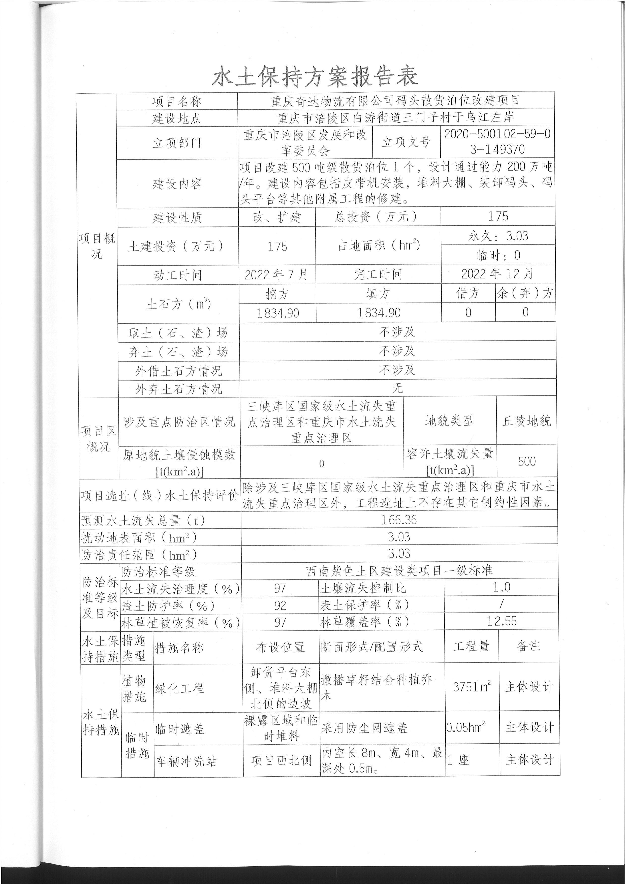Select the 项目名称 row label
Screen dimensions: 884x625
tap(177, 101)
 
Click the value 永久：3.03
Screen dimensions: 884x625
tap(498, 236)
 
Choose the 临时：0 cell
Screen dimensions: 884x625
tap(498, 255)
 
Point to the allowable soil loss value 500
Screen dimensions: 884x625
tap(526, 461)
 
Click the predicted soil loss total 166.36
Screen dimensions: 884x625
tap(399, 520)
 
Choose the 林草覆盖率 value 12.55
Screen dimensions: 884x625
tap(501, 621)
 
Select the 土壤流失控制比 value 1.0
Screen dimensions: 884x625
tap(501, 587)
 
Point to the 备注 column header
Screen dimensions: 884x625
tap(528, 646)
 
